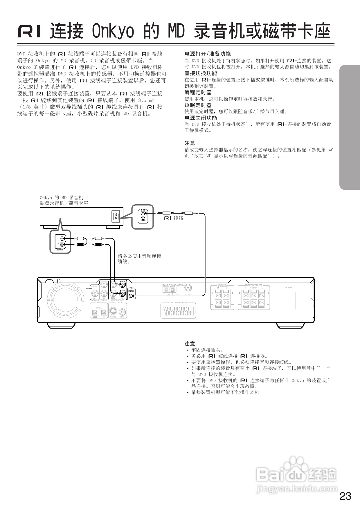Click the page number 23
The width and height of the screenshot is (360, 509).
[345, 496]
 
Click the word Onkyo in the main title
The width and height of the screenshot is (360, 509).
[113, 31]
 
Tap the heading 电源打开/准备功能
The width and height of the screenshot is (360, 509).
[208, 54]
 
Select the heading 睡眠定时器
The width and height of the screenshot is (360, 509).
[198, 105]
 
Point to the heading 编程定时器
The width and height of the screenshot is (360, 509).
[198, 92]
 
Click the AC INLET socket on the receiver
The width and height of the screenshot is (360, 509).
[289, 300]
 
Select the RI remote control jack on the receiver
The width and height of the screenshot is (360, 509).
[131, 296]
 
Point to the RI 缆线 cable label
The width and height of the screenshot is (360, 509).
[174, 218]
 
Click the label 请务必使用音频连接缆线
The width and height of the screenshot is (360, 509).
[139, 259]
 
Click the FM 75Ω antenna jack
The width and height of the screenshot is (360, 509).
[188, 288]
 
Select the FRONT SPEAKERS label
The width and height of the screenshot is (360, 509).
[253, 285]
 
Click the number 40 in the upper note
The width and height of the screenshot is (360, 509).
[331, 150]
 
